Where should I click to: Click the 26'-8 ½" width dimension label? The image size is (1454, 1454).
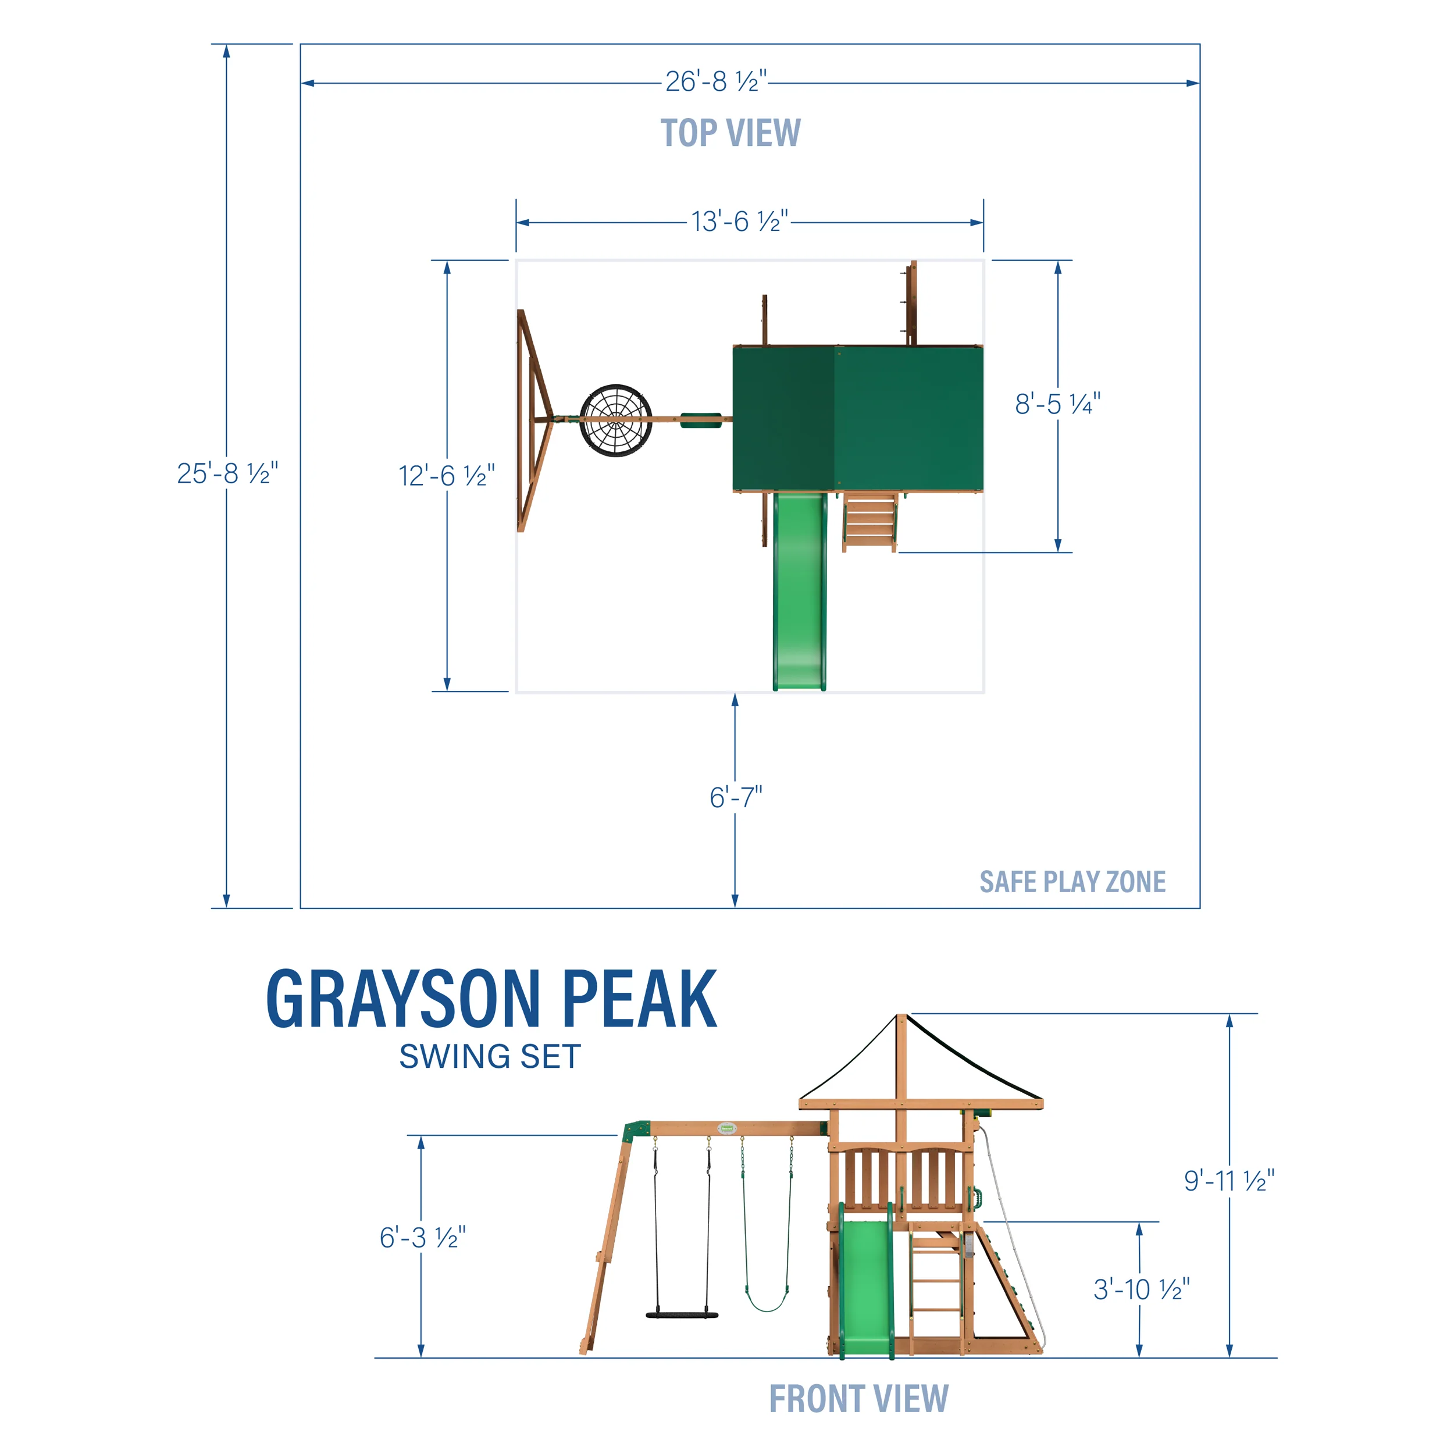pos(716,81)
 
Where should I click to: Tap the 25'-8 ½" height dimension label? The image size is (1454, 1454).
pos(227,473)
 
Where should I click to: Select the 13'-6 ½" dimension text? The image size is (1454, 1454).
pos(740,222)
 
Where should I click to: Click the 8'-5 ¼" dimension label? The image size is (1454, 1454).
pos(1057,404)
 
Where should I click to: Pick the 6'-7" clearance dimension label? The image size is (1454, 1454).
pos(735,797)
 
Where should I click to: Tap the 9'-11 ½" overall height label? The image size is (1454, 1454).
pos(1229,1181)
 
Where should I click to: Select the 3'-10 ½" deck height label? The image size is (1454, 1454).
pos(1141,1289)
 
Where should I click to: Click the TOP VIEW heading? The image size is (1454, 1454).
pos(730,133)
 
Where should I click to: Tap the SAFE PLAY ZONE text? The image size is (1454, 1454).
pos(1072,882)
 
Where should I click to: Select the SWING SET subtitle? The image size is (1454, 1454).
pos(490,1057)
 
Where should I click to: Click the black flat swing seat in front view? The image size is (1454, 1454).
pos(682,1316)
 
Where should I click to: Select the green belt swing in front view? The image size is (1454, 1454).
pos(767,1302)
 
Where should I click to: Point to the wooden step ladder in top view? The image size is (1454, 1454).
pos(870,522)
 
